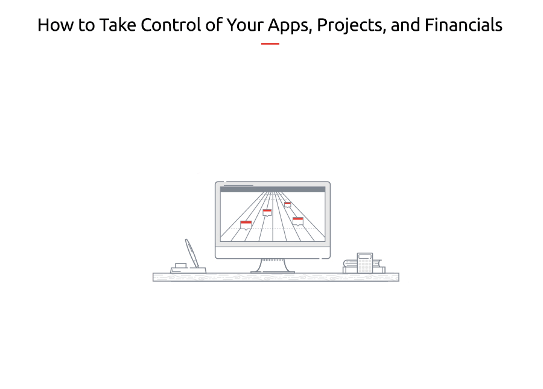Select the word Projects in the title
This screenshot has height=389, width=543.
click(x=351, y=26)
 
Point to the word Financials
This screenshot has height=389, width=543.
click(x=463, y=25)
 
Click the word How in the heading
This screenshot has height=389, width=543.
click(x=56, y=25)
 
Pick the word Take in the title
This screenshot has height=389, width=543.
click(x=118, y=25)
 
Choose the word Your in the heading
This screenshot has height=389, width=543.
click(x=245, y=25)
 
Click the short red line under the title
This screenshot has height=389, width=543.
click(x=270, y=43)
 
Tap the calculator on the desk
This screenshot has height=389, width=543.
click(x=365, y=263)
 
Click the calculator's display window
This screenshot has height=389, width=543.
click(x=365, y=256)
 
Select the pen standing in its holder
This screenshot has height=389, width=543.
click(x=192, y=253)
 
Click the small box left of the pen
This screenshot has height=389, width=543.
click(x=181, y=265)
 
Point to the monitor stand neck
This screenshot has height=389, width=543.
click(x=273, y=265)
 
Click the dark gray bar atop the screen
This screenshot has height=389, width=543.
click(x=273, y=189)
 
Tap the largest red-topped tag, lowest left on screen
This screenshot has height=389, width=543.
click(x=246, y=225)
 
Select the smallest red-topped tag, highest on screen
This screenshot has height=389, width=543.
click(x=287, y=204)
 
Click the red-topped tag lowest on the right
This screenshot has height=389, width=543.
click(x=298, y=221)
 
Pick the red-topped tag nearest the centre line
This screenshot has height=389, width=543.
click(x=267, y=212)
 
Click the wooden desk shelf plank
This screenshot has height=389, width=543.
click(x=276, y=277)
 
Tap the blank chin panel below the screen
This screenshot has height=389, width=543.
click(x=273, y=252)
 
